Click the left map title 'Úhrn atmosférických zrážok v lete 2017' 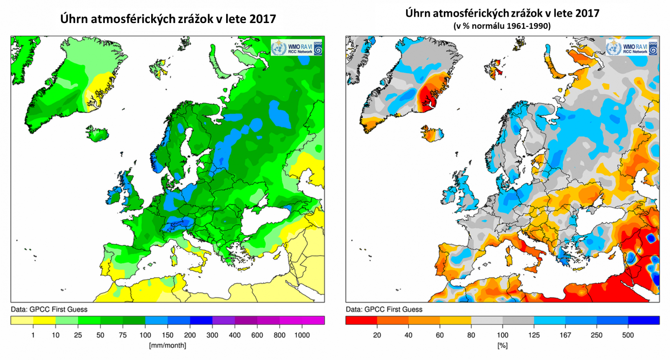(x=168, y=19)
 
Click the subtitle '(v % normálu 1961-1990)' (x=502, y=26)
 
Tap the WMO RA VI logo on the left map (x=296, y=48)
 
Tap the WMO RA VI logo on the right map (x=631, y=48)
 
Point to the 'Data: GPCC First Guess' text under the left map (x=49, y=309)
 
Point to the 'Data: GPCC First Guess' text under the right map (x=384, y=309)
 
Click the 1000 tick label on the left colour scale (x=302, y=335)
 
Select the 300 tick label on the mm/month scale (x=212, y=335)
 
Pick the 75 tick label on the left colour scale (x=123, y=335)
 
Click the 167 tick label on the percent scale (x=565, y=335)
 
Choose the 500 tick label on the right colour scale (x=628, y=335)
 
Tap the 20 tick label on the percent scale (x=377, y=335)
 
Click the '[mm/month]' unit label (x=167, y=345)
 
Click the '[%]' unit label (x=502, y=345)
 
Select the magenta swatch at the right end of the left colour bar (x=313, y=320)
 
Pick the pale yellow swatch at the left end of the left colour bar (x=22, y=320)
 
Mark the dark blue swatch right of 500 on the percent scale (x=644, y=320)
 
